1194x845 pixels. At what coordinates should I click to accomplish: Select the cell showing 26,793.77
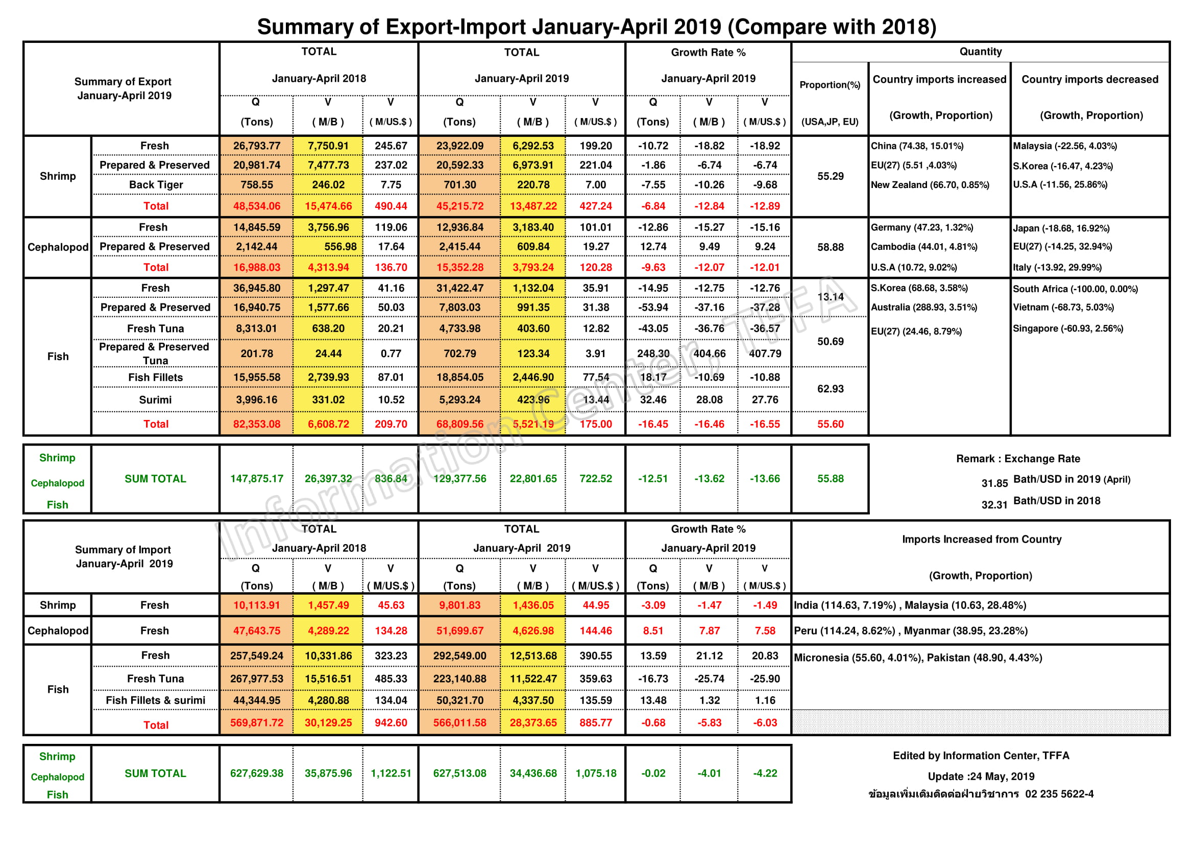[256, 146]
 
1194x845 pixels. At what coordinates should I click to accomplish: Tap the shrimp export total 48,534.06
[256, 206]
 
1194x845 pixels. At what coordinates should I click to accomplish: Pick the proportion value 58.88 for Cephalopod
[830, 247]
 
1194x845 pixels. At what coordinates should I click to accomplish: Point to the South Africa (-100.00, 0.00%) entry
[1075, 289]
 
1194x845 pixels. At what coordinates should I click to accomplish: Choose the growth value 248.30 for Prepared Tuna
[653, 354]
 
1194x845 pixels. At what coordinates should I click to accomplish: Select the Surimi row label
[155, 400]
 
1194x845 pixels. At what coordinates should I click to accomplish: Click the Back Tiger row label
[156, 185]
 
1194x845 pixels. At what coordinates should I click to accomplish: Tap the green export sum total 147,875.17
[256, 479]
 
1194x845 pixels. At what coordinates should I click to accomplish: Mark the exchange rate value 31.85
[994, 483]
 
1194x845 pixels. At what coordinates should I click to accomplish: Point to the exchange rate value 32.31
[994, 505]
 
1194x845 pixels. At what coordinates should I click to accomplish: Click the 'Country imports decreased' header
[1089, 80]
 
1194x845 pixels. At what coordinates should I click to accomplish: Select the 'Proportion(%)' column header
[830, 85]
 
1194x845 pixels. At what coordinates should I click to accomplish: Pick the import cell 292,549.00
[459, 656]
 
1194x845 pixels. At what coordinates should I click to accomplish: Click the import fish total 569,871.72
[256, 723]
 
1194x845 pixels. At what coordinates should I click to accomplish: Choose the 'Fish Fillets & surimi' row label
[155, 701]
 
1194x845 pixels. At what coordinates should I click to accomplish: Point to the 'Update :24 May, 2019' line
[981, 777]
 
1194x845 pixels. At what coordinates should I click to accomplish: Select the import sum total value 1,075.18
[595, 773]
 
